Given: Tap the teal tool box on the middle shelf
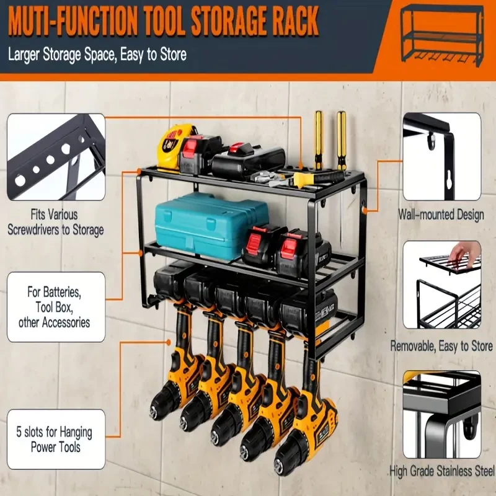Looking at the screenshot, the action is coord(211,225).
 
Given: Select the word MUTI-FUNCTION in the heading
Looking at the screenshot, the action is coord(73,22).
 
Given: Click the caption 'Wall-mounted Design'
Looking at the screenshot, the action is coord(441,215).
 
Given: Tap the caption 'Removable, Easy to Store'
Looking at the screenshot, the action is coord(441,347).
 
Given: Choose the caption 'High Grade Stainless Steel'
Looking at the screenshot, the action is coord(442,471).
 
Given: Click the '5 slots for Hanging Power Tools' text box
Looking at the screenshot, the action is coord(56,440).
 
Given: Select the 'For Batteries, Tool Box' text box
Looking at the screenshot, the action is coord(56,307).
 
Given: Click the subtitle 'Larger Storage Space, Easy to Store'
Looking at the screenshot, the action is coord(97,55).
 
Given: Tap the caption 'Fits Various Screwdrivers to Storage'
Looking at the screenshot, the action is coord(55,222).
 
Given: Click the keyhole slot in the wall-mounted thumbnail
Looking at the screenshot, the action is coord(447,182).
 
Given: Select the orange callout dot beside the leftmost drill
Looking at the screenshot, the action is coord(169,343).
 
